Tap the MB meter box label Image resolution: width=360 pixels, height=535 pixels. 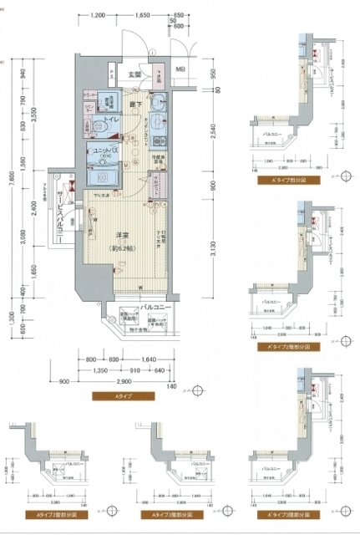[181, 70]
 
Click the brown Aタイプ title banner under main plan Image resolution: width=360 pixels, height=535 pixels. [124, 394]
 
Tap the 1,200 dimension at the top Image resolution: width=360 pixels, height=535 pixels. [99, 16]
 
